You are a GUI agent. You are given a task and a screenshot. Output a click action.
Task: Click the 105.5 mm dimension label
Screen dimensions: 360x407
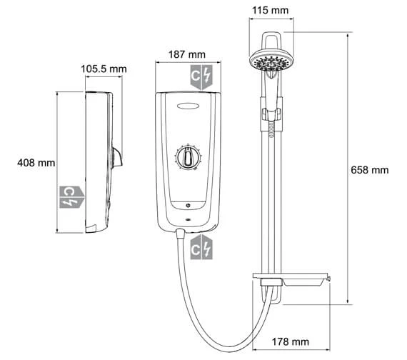click(103, 69)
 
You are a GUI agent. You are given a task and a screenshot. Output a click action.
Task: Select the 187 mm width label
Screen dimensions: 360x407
click(185, 54)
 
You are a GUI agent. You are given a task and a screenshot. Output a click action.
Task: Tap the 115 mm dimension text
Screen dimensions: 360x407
click(272, 11)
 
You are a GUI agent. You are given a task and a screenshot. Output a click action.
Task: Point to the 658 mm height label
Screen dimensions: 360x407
click(371, 170)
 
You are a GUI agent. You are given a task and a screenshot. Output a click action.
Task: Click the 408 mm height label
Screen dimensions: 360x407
click(36, 163)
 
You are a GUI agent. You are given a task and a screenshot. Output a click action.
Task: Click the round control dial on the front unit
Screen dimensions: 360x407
click(189, 159)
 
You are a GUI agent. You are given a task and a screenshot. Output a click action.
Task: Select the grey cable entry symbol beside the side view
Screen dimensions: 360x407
click(72, 194)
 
